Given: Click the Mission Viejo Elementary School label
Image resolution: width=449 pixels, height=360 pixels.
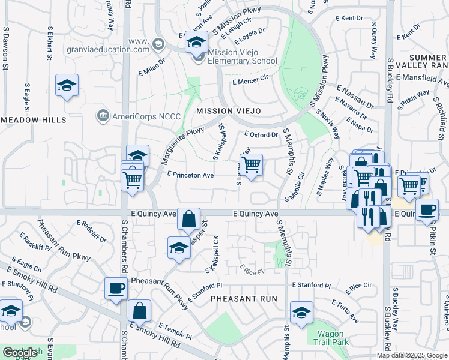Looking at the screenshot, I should (242, 56).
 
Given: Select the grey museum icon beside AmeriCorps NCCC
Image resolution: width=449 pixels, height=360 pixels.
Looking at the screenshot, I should (102, 115).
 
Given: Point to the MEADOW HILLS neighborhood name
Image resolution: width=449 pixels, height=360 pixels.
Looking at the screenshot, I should (33, 120).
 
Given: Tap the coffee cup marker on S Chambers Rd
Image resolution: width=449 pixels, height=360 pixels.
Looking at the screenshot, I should (116, 288).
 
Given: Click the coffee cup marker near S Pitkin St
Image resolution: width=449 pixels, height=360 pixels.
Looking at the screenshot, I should (427, 210).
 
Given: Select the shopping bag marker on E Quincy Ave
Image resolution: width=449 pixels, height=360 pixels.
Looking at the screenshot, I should (188, 220).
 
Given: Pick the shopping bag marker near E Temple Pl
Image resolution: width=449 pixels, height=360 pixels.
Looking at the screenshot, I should (139, 311).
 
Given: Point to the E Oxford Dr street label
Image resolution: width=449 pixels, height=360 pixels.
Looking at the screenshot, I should (262, 134).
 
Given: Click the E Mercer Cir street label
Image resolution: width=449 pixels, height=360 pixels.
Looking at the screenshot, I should (250, 82).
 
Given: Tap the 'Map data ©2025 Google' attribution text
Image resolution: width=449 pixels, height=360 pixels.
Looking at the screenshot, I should (412, 355).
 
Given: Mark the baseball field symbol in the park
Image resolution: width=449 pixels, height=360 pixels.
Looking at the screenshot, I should (301, 94).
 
